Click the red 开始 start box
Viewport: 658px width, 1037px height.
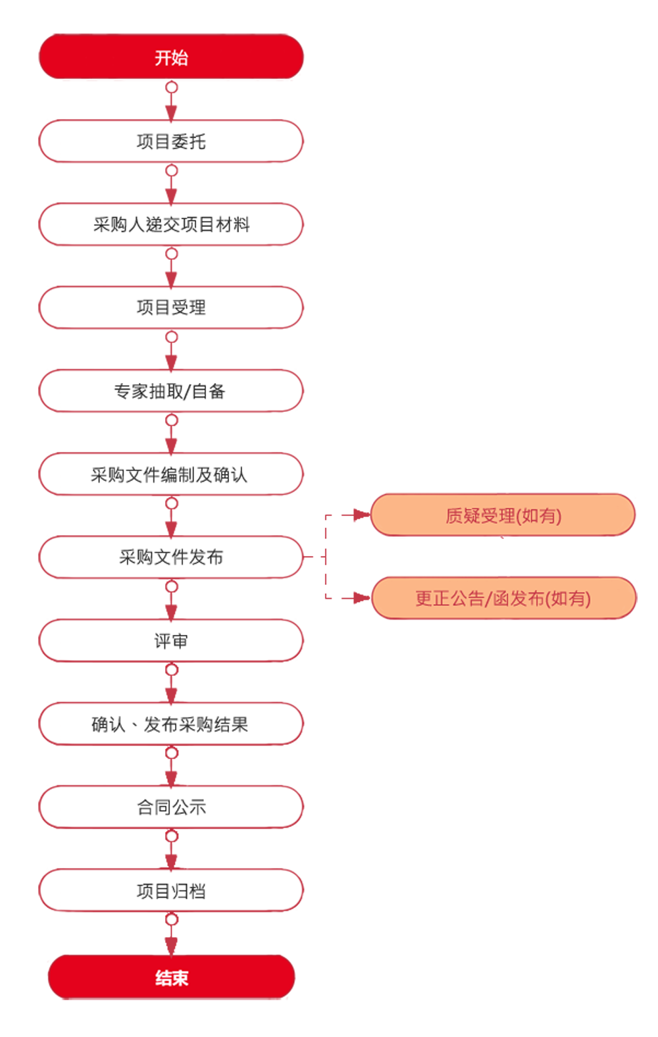[x=171, y=57]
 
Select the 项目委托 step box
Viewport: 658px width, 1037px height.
[x=171, y=141]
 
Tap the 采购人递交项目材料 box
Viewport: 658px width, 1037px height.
[x=171, y=224]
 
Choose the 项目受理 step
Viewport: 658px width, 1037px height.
[x=171, y=307]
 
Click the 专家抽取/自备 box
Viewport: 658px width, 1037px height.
[x=171, y=391]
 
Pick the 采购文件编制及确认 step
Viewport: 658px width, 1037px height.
[x=171, y=474]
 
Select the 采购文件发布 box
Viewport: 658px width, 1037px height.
[x=171, y=557]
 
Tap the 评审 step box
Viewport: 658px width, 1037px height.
[x=171, y=640]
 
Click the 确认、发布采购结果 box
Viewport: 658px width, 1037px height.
[x=171, y=724]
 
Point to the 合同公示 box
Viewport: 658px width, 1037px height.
[x=171, y=807]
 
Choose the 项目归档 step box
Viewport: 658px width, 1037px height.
[x=171, y=890]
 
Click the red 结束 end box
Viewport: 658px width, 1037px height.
[x=171, y=978]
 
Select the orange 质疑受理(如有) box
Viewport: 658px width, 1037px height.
[x=503, y=515]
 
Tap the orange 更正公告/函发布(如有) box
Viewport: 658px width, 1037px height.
[x=503, y=598]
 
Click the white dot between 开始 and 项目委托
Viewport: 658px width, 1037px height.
[x=172, y=87]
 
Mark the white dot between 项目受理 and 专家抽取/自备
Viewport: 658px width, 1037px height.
[x=172, y=337]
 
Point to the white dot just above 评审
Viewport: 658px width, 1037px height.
[x=172, y=586]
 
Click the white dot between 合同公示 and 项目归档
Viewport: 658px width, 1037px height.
[x=172, y=836]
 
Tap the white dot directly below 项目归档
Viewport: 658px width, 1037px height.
[x=172, y=919]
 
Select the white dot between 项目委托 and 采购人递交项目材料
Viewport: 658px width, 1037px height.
[x=172, y=170]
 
